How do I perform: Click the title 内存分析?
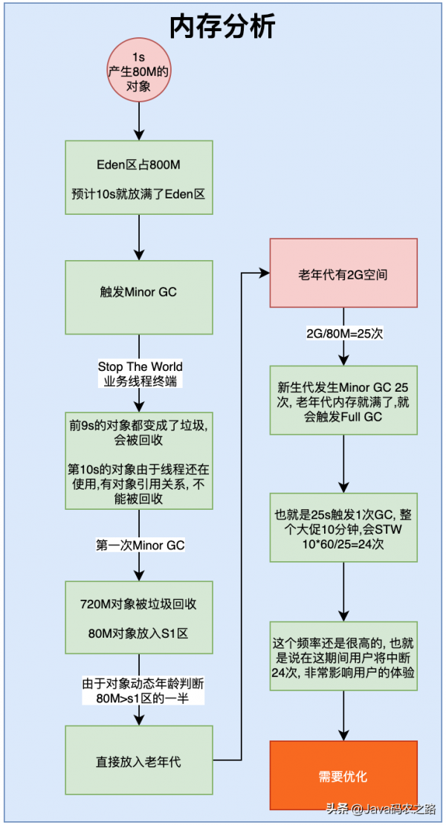[x=222, y=27]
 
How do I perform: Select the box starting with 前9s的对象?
[x=140, y=462]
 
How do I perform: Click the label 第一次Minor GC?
[x=140, y=546]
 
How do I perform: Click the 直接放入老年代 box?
[x=140, y=761]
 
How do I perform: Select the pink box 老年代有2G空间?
[x=343, y=274]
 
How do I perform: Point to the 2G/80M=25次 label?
[x=343, y=334]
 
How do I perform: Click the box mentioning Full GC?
[x=343, y=402]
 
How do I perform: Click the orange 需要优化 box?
[x=343, y=777]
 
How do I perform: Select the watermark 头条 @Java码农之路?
[x=382, y=809]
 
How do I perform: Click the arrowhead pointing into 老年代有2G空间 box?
[x=264, y=274]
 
